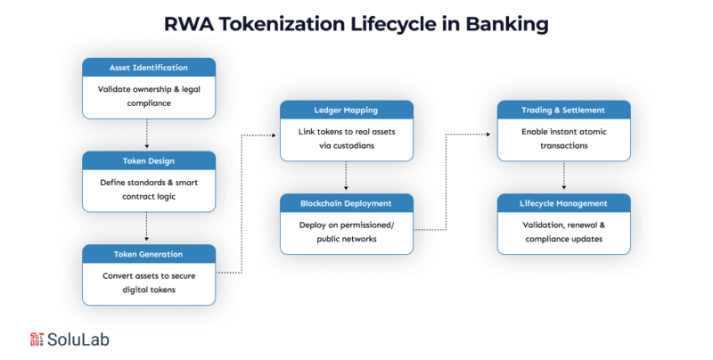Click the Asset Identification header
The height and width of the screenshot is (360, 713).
149,67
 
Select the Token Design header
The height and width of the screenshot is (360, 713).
149,160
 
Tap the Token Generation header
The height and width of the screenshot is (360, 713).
149,253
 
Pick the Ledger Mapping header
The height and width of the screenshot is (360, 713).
347,110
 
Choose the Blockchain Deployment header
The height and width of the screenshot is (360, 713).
347,202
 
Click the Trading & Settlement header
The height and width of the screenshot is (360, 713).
563,110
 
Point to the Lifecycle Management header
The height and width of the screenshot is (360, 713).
563,202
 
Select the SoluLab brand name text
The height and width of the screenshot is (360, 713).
78,339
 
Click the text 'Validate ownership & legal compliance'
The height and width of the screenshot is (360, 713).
149,96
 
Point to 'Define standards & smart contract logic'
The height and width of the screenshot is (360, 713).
149,189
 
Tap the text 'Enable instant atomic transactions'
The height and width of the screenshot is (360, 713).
563,138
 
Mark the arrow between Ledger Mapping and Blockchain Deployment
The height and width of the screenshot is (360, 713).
347,176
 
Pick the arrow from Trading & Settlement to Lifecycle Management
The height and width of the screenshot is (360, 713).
563,176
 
